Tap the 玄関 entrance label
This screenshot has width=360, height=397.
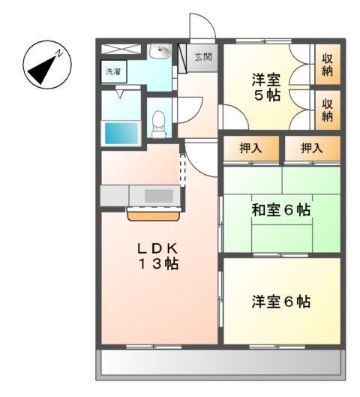click(x=203, y=57)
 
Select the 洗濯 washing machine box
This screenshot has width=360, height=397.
click(x=112, y=73)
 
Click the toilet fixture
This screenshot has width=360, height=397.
click(x=158, y=122)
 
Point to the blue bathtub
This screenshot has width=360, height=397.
click(x=120, y=133)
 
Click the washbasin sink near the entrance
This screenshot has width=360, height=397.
click(x=160, y=52)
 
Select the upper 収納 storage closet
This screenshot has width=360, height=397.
click(x=328, y=65)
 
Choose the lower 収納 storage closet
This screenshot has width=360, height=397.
click(x=328, y=109)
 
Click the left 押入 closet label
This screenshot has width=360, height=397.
click(x=250, y=149)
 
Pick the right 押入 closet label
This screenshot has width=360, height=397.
click(x=311, y=149)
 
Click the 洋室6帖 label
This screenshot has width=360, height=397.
click(x=280, y=302)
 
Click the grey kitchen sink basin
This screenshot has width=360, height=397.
click(x=158, y=195)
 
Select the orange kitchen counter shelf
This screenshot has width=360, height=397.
click(x=153, y=215)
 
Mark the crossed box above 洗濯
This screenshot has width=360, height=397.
click(x=121, y=50)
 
